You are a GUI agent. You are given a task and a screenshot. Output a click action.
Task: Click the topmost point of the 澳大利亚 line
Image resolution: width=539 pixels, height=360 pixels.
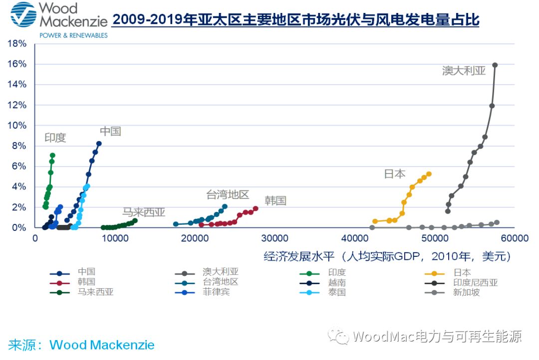495,65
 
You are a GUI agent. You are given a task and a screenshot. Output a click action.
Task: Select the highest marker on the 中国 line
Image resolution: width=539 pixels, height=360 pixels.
99,144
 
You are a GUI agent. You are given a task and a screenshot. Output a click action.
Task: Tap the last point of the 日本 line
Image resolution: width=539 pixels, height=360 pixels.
429,174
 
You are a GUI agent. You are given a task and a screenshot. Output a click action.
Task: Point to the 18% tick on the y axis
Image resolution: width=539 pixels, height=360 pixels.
17,44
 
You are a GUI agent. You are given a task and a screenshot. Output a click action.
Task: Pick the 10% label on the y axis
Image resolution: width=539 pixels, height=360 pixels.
17,126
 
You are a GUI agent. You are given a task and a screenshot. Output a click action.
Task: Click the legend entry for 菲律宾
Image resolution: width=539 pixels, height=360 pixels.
216,292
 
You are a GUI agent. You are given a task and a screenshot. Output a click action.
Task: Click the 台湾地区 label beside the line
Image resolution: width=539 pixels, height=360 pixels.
228,195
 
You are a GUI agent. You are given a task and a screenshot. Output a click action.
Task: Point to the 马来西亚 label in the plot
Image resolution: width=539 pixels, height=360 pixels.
144,212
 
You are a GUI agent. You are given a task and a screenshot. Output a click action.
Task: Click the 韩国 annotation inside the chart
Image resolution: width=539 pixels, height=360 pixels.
275,201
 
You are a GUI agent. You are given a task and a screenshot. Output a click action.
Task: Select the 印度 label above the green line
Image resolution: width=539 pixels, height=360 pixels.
55,138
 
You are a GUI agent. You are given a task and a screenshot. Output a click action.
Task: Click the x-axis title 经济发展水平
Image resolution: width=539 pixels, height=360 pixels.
387,256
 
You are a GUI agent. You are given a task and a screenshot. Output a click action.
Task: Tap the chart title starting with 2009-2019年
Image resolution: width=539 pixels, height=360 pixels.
295,20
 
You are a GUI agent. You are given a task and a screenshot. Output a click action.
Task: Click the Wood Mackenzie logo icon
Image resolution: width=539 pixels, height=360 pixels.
23,14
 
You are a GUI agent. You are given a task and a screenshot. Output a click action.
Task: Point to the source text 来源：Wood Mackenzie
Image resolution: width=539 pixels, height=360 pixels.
81,345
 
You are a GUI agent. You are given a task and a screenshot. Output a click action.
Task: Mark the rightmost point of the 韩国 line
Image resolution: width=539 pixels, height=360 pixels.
256,209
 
